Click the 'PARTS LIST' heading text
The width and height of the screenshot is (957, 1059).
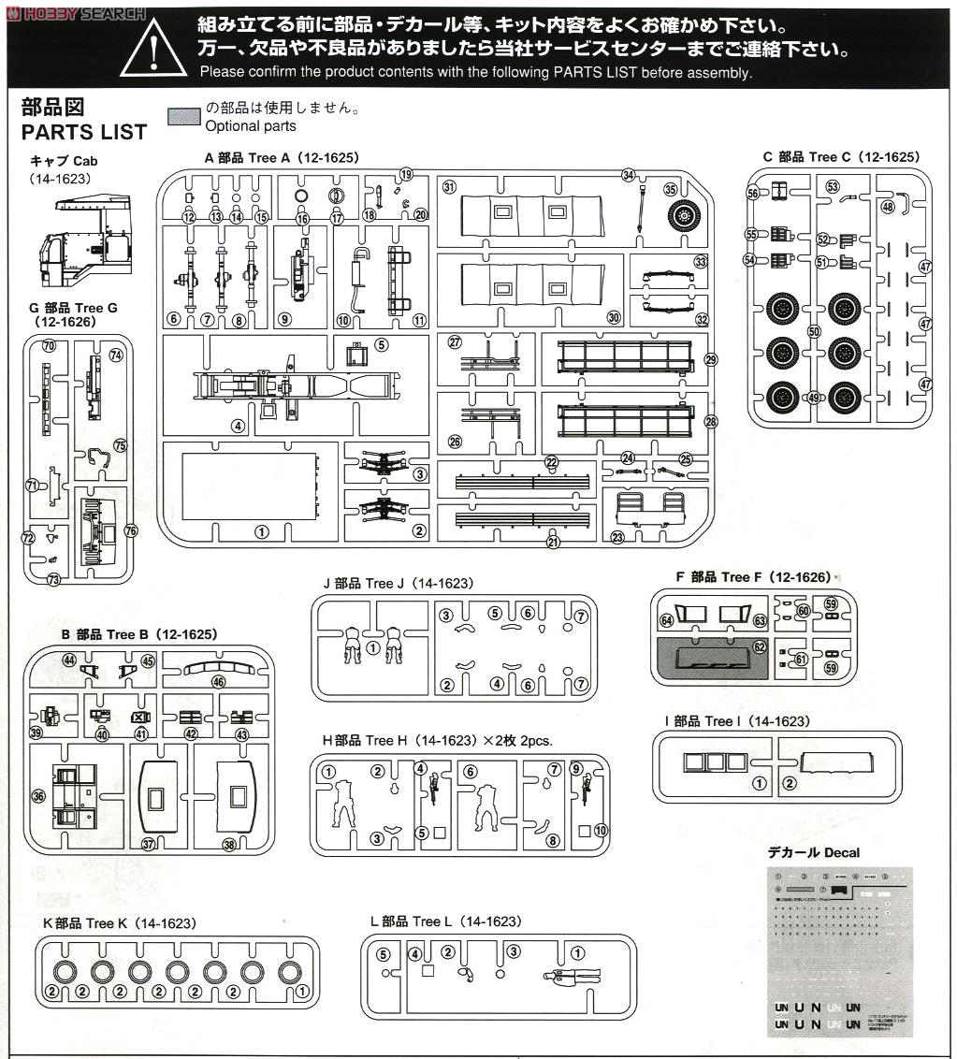[84, 132]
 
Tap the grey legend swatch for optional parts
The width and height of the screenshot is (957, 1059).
[182, 117]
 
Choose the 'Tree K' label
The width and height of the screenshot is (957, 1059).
[119, 923]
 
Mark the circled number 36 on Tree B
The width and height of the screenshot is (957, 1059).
[38, 796]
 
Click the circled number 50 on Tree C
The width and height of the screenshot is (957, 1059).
[814, 330]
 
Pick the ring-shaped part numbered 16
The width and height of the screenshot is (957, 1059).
[303, 196]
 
